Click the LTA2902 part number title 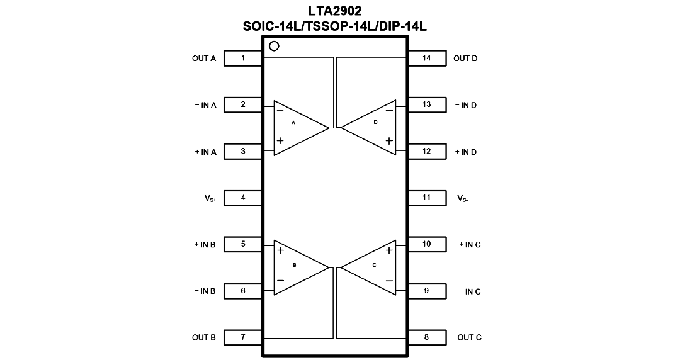335,11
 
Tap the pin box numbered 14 427,58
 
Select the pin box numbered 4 243,198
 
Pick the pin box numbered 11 427,198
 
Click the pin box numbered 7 243,337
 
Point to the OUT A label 204,59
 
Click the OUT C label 469,337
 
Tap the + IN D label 466,152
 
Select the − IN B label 205,291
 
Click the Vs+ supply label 210,199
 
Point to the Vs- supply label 463,199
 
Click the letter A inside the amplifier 293,123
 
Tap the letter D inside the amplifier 375,122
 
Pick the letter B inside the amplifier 295,265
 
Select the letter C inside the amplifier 374,265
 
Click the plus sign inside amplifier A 280,140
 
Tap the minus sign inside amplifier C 389,281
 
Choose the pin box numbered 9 427,291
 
